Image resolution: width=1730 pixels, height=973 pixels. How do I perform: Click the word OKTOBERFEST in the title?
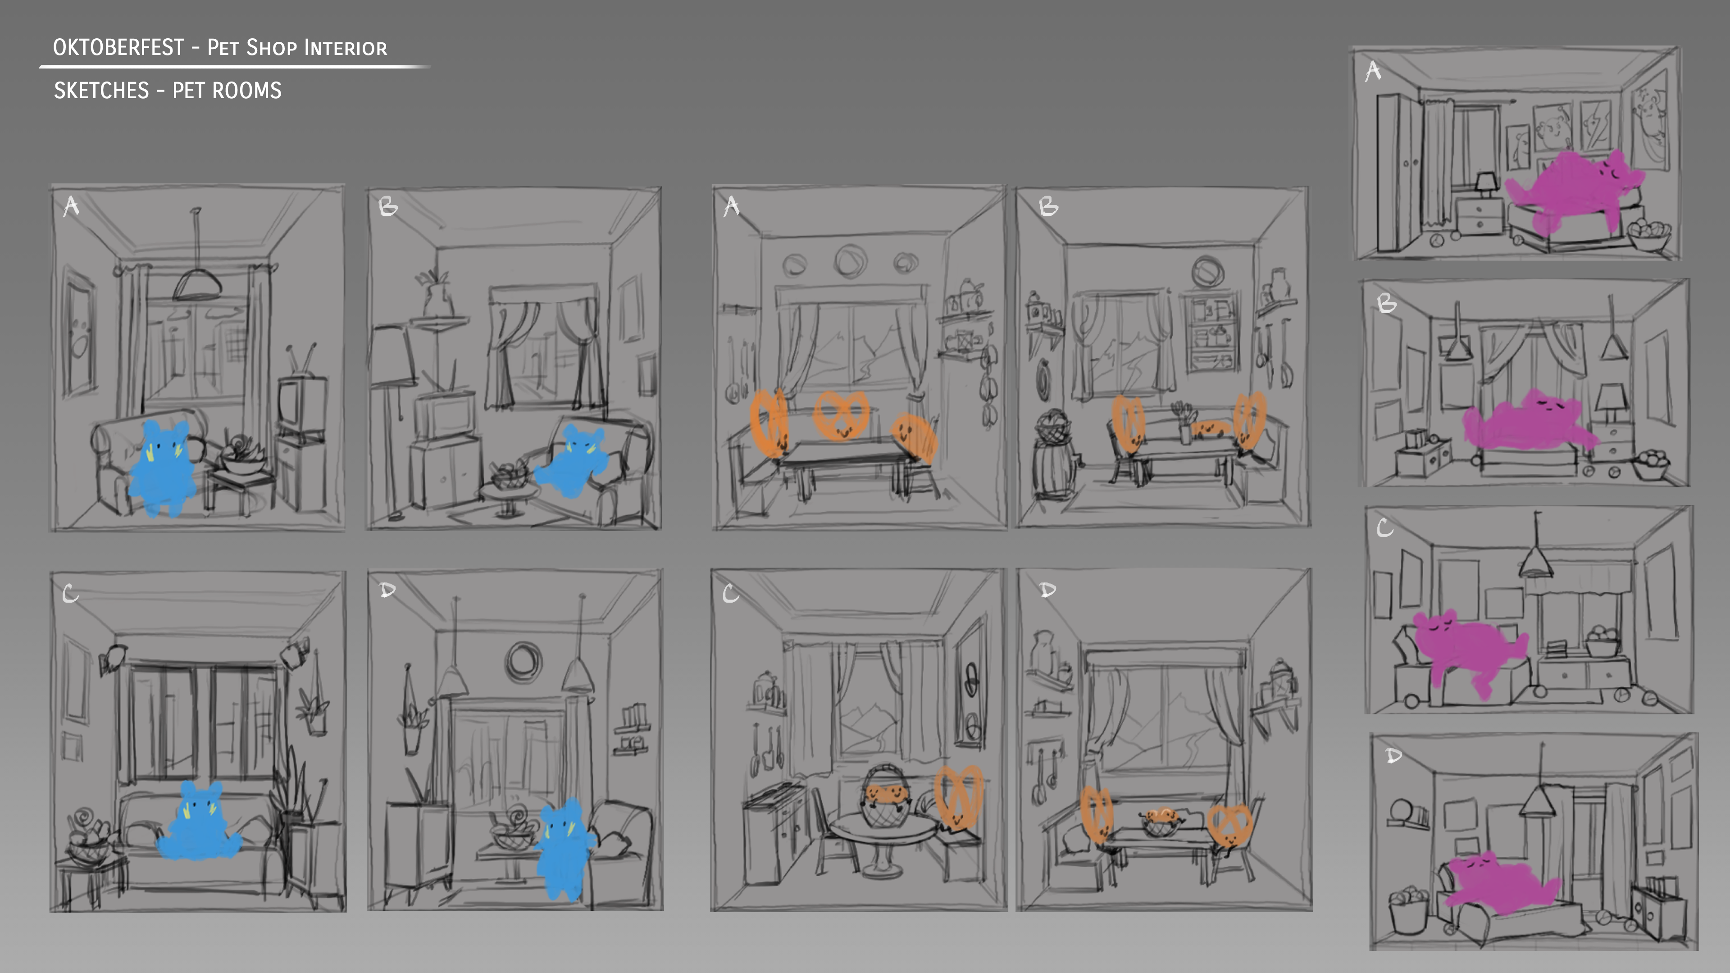pos(118,47)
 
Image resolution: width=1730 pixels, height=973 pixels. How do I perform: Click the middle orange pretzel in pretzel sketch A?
pos(841,414)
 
